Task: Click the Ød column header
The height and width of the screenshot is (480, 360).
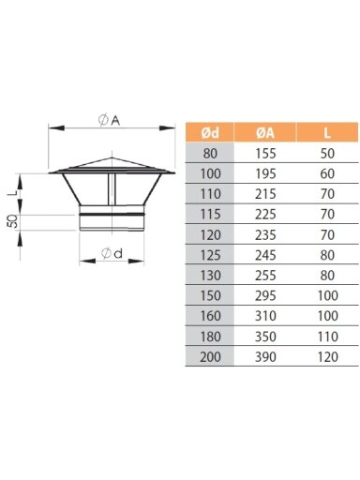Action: (210, 133)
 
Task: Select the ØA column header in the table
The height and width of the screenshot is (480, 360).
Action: (265, 133)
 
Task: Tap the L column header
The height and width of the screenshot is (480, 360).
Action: (327, 133)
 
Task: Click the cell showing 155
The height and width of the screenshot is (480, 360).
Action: (265, 153)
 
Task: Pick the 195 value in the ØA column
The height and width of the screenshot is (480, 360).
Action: (265, 173)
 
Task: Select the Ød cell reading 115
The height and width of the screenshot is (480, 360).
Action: (210, 214)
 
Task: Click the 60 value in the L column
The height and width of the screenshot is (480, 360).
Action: (327, 173)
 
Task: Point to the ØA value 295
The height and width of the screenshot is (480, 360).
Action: (265, 295)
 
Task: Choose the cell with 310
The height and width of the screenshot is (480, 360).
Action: (265, 316)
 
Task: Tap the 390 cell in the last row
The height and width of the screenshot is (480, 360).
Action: (265, 356)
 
